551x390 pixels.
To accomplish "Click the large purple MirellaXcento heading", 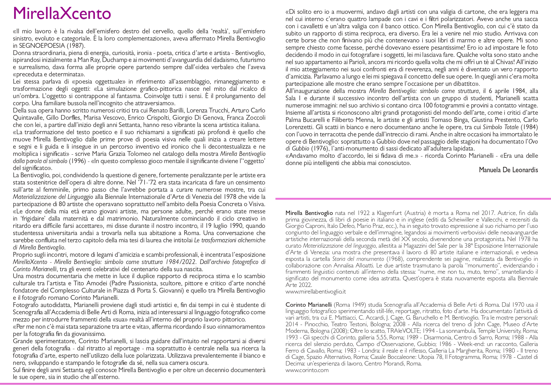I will click(62, 13).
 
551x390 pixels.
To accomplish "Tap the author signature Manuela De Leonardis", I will click(508, 170).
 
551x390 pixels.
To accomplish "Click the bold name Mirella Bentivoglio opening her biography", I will click(309, 213).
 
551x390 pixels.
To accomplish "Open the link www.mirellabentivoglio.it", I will click(315, 292).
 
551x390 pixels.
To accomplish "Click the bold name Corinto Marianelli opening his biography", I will click(308, 305).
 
